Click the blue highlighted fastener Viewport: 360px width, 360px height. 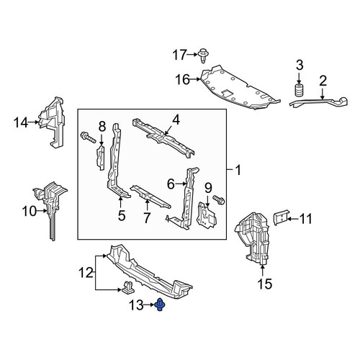pos(159,305)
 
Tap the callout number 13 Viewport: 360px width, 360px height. pos(136,305)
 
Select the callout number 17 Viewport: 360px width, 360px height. pos(179,55)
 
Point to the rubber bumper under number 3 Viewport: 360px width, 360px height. pos(299,91)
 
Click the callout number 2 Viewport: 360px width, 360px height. pos(323,81)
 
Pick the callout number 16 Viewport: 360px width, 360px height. pos(182,79)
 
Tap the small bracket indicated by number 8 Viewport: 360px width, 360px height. pos(101,158)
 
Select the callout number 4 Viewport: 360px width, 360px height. pos(176,120)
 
